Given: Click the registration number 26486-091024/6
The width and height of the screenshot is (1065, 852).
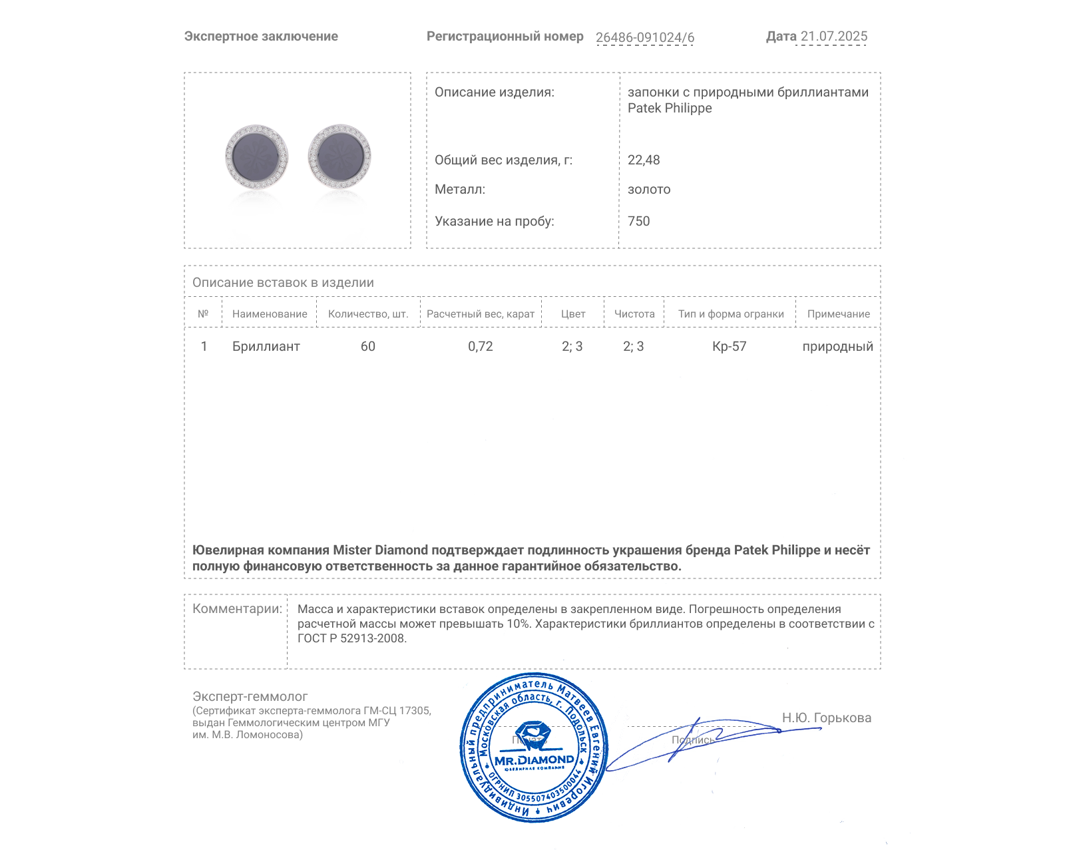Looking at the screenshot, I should pyautogui.click(x=644, y=37).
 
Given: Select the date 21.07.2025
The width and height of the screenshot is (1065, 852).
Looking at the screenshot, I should pyautogui.click(x=833, y=37).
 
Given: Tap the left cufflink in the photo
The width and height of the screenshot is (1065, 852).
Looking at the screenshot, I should pyautogui.click(x=256, y=157).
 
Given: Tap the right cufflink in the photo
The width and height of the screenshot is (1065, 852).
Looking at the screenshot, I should pyautogui.click(x=339, y=156).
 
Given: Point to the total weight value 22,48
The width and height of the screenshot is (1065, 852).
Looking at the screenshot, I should pyautogui.click(x=644, y=160).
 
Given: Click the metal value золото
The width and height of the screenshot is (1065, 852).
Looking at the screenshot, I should pyautogui.click(x=649, y=190).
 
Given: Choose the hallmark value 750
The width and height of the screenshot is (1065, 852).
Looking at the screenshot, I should pyautogui.click(x=638, y=222).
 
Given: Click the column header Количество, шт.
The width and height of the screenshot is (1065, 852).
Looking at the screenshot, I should pyautogui.click(x=368, y=314).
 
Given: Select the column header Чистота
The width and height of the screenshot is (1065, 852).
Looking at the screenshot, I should pyautogui.click(x=634, y=314).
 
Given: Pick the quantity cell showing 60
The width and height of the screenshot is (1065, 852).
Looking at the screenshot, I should pyautogui.click(x=368, y=347).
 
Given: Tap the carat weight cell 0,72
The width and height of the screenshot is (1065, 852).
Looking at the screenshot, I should pyautogui.click(x=481, y=347).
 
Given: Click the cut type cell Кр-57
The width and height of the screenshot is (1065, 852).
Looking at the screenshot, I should pyautogui.click(x=730, y=347).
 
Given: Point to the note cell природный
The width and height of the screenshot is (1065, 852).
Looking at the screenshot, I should pyautogui.click(x=837, y=347).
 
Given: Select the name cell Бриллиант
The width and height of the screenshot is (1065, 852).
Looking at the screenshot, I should pyautogui.click(x=266, y=347).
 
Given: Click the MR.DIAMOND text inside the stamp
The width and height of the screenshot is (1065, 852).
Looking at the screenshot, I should pyautogui.click(x=534, y=760).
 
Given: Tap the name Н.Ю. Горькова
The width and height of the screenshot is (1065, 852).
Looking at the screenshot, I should pyautogui.click(x=826, y=718).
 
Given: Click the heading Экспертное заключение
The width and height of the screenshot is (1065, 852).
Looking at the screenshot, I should pyautogui.click(x=261, y=37).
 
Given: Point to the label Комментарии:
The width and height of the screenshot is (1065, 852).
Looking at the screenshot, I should pyautogui.click(x=237, y=609).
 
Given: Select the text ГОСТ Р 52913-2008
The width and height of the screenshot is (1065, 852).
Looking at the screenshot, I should pyautogui.click(x=351, y=639).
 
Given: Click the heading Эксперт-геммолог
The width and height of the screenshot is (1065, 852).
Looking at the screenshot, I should pyautogui.click(x=250, y=697).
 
